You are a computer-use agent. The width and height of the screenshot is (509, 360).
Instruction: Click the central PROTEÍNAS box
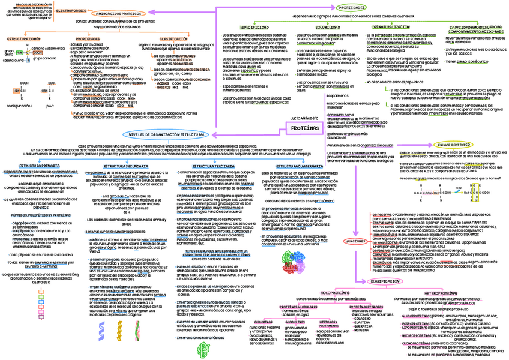[304, 128]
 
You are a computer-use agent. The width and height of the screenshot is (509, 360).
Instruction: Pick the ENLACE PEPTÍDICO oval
[453, 145]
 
